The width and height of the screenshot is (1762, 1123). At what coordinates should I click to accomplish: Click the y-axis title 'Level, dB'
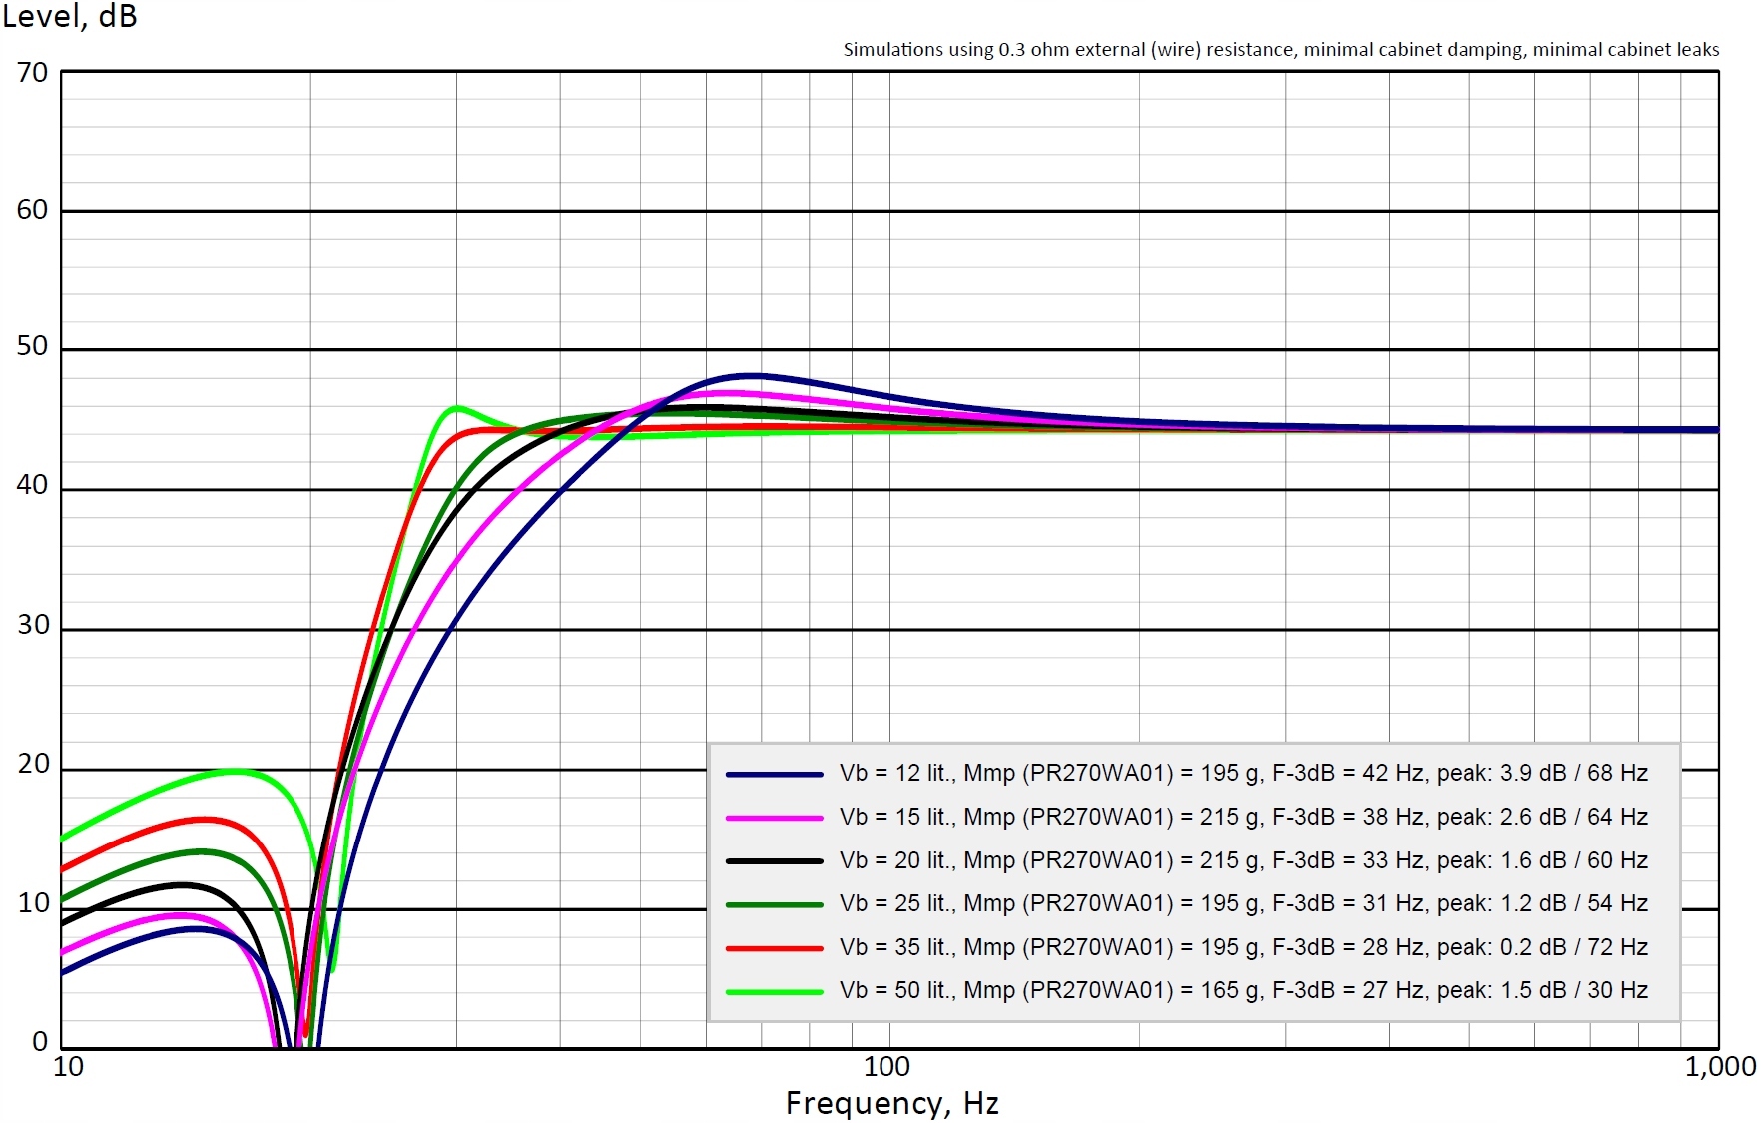(69, 17)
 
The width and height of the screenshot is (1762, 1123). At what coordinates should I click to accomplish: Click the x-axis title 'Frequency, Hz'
(891, 1103)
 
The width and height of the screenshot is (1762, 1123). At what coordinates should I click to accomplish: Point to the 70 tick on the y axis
(32, 73)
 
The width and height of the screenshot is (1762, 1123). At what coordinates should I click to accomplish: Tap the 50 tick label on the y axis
(32, 347)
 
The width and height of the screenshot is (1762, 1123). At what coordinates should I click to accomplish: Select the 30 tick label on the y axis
(32, 626)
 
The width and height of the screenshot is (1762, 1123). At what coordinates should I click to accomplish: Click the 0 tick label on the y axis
(40, 1042)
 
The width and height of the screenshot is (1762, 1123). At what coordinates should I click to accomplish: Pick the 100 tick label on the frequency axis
(886, 1067)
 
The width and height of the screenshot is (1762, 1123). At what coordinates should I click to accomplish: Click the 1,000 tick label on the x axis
(1720, 1067)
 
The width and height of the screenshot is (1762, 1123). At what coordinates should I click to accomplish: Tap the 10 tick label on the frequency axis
(68, 1067)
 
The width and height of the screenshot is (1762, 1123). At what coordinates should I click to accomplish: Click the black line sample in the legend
(774, 860)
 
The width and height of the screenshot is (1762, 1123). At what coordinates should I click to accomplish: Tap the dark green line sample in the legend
(774, 904)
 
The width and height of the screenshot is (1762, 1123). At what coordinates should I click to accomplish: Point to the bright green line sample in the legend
(774, 991)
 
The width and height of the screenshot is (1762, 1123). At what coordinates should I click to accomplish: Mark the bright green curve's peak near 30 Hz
(457, 407)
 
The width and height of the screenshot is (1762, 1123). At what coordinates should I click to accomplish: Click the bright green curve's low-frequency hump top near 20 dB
(233, 770)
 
